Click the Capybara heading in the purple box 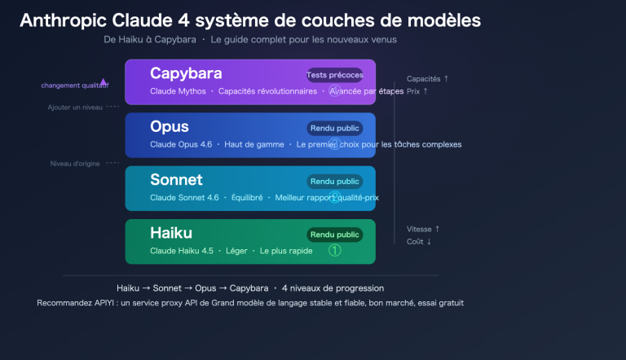coord(185,74)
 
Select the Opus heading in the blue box coord(169,127)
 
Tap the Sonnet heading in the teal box coord(176,180)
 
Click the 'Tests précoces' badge coord(334,75)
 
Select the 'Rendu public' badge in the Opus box coord(334,128)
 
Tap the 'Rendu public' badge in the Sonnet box coord(334,182)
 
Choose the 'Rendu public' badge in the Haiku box coord(334,235)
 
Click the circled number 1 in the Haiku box coord(334,251)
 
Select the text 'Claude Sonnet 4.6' coord(184,197)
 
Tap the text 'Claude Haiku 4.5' coord(182,251)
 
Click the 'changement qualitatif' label coord(73,86)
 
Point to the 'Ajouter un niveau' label coord(75,107)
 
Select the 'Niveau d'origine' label coord(75,163)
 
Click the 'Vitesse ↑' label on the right coord(423,229)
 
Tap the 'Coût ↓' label coord(419,241)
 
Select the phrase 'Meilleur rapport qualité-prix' coord(327,197)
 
